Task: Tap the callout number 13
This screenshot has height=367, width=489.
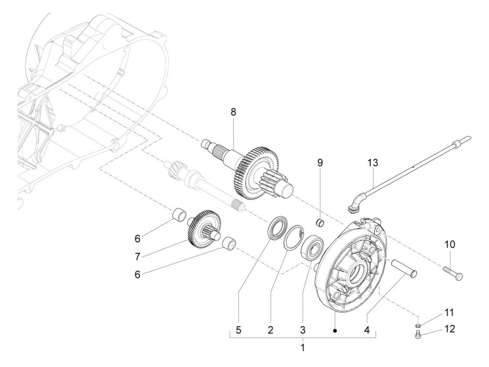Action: coord(373,163)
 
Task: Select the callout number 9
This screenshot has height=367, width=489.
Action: coord(320,163)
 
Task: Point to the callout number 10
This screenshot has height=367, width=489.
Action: coord(450,244)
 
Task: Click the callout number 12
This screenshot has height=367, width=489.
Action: coord(450,329)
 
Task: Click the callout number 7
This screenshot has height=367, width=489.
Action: coord(137,257)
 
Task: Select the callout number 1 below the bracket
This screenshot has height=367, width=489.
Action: coord(302,347)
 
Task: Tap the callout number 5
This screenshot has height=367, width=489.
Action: coord(239,330)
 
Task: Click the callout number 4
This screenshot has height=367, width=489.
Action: coord(367,330)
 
